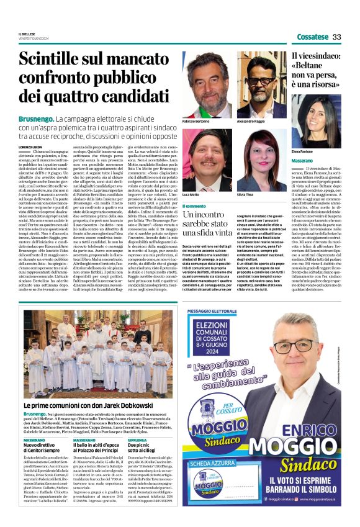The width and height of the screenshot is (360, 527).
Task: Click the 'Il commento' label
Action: tap(194, 205)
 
